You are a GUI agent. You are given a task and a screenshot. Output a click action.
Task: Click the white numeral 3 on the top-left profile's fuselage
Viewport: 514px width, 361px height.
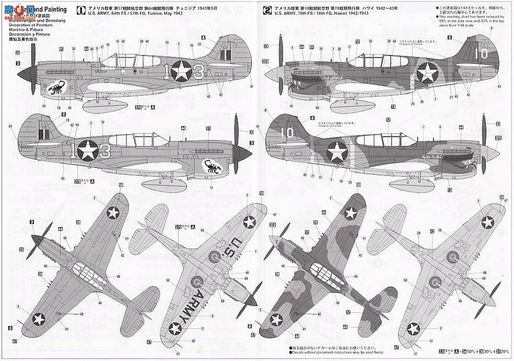pos(197,72)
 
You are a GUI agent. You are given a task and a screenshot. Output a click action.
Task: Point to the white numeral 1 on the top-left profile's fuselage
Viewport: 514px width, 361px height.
pos(165,71)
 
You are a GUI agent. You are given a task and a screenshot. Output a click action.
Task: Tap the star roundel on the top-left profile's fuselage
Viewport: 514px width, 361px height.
pos(181,71)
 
